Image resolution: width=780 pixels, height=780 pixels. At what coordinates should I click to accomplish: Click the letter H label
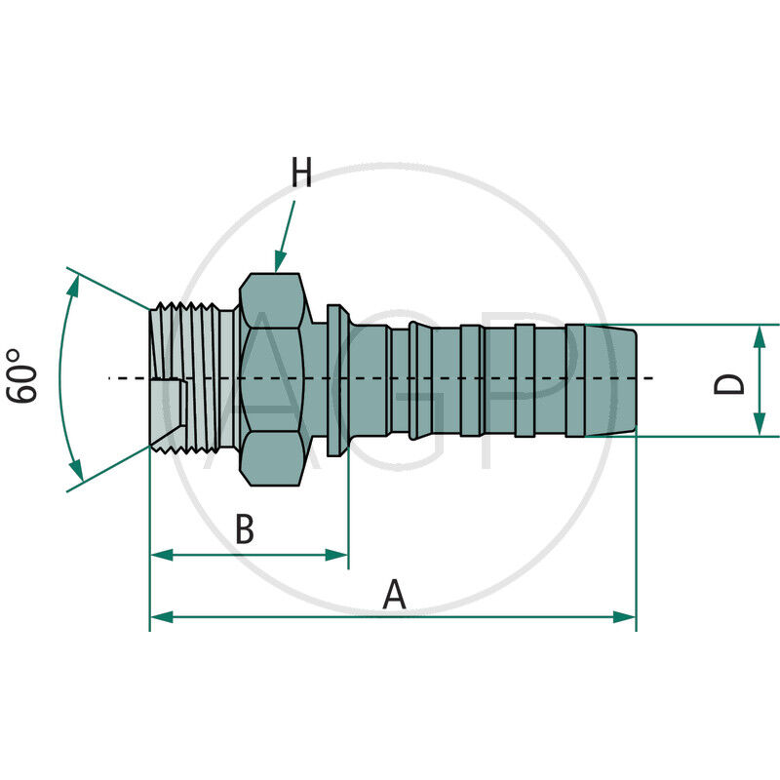(301, 174)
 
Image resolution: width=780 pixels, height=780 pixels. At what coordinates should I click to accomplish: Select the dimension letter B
(246, 531)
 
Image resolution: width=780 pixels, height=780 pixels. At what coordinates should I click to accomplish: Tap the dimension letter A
(394, 594)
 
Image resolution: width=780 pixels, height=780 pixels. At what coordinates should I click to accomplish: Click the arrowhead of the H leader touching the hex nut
(278, 265)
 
